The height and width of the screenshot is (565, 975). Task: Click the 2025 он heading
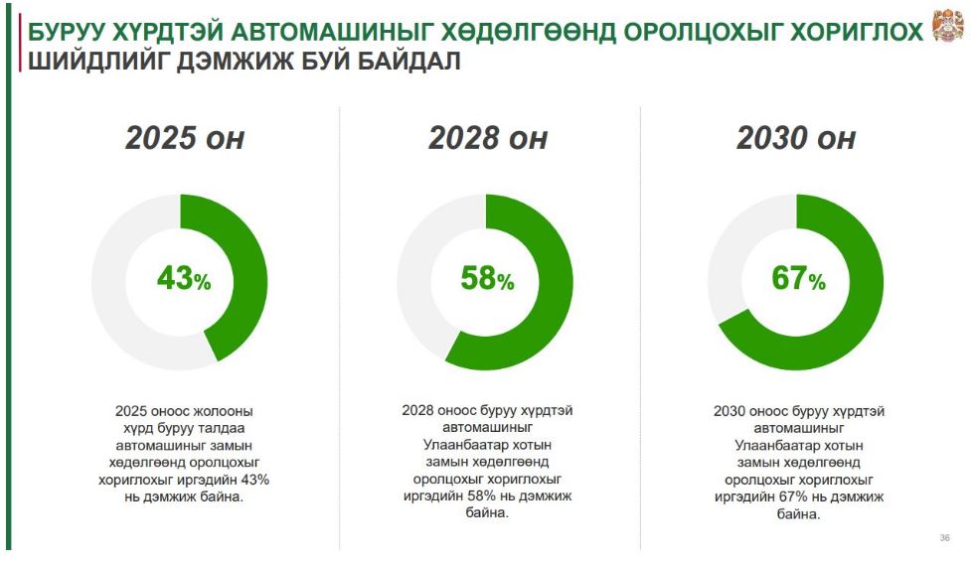[x=185, y=137]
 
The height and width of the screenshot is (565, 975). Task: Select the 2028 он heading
[x=487, y=137]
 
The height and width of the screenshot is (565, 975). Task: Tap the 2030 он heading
[x=796, y=137]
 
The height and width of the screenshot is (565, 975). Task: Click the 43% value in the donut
[x=184, y=278]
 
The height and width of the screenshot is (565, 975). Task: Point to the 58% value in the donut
[x=487, y=278]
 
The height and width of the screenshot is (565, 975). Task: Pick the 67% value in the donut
[x=798, y=278]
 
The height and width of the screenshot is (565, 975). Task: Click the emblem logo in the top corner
[x=949, y=26]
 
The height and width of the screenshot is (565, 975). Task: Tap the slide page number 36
[x=944, y=537]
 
